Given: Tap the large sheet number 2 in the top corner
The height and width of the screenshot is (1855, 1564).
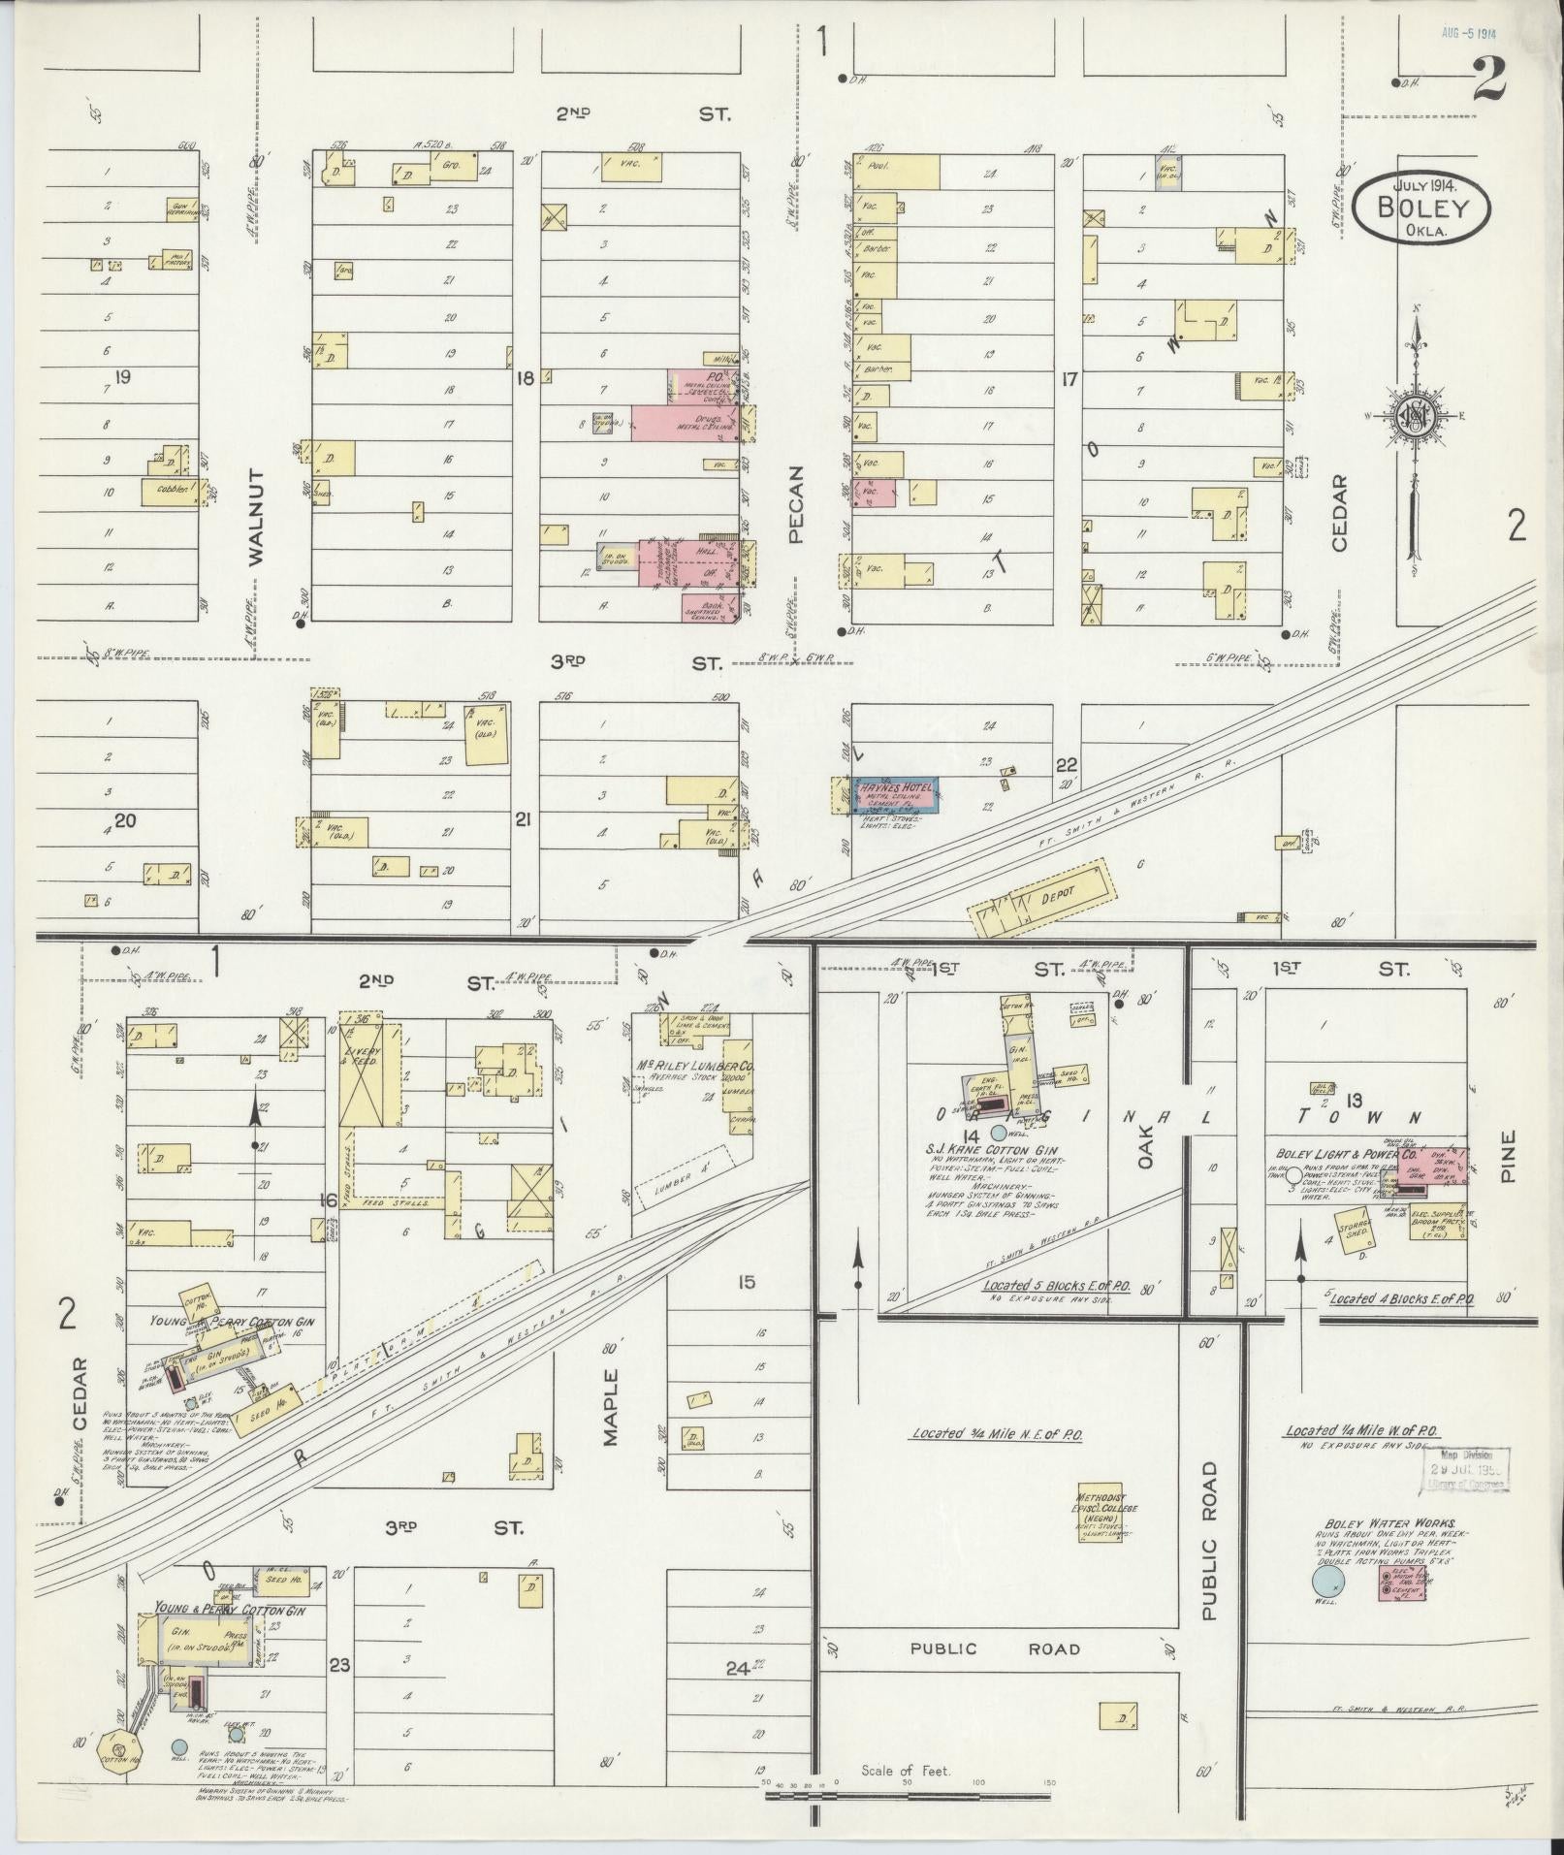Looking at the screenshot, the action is [x=1488, y=80].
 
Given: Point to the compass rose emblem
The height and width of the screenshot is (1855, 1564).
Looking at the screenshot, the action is [x=1415, y=417].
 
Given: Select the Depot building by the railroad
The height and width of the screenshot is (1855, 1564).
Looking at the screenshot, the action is [x=1042, y=901].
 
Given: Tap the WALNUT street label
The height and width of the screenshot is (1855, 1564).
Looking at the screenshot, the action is [x=255, y=516].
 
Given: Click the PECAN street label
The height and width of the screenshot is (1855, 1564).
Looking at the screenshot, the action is [x=797, y=504].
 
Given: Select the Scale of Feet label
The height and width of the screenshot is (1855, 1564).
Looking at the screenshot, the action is [x=906, y=1771].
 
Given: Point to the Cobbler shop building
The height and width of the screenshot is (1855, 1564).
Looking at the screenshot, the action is [x=171, y=491].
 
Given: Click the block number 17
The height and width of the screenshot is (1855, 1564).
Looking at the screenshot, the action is [x=1069, y=379].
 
